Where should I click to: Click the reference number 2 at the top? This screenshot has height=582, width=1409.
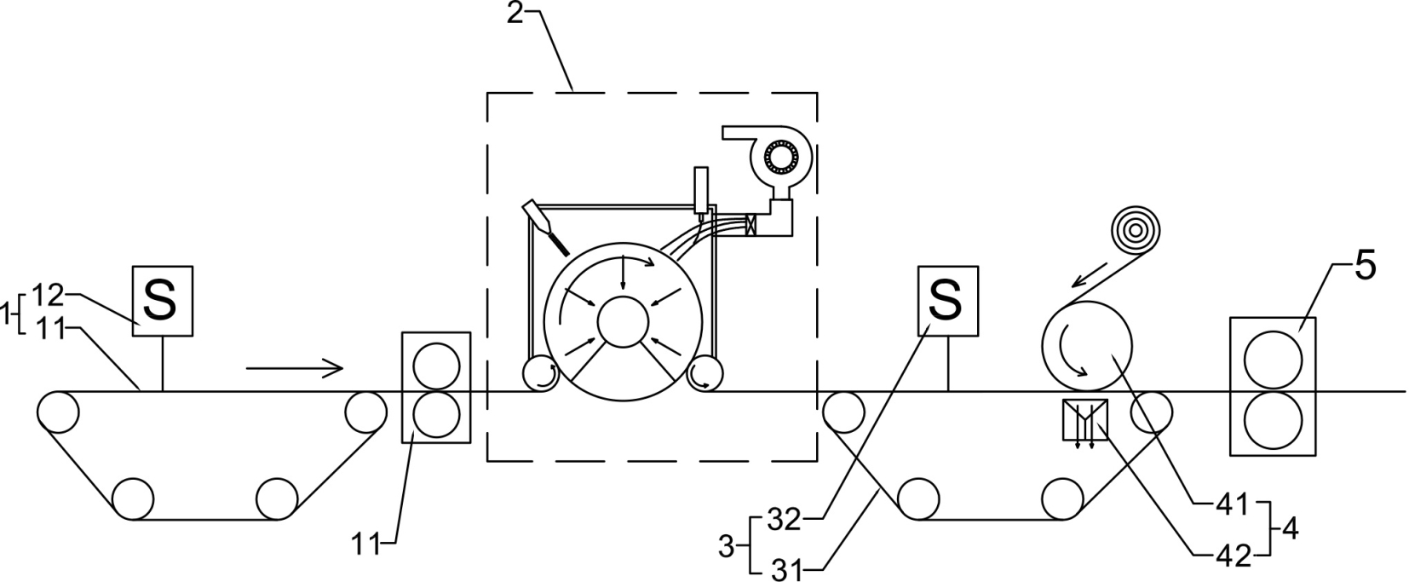(x=515, y=13)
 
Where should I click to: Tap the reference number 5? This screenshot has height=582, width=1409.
(x=1364, y=266)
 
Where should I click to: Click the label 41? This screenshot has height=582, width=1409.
(x=1233, y=505)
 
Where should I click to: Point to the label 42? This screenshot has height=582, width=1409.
(x=1234, y=556)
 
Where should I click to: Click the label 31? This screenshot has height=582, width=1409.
(x=787, y=571)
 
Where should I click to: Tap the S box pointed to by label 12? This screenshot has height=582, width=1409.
(x=163, y=300)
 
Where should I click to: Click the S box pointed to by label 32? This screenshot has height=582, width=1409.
(x=948, y=300)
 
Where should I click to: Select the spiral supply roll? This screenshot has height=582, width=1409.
(x=1136, y=232)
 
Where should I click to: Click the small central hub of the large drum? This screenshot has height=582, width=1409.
(x=623, y=322)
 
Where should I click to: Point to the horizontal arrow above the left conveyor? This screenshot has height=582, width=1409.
(x=295, y=367)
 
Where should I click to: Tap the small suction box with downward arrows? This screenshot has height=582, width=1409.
(x=1085, y=419)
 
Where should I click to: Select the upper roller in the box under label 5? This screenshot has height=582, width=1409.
(x=1274, y=360)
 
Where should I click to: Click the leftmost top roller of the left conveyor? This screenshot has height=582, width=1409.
(x=57, y=412)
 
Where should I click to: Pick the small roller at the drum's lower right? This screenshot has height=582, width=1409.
(x=704, y=372)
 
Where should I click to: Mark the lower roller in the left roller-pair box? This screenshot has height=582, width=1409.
(x=436, y=413)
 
